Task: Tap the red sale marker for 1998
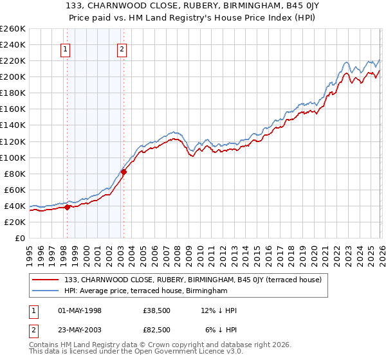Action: (x=67, y=207)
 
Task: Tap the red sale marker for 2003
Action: (x=124, y=172)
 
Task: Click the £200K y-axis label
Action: (x=12, y=76)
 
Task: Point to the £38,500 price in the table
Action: (x=158, y=310)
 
